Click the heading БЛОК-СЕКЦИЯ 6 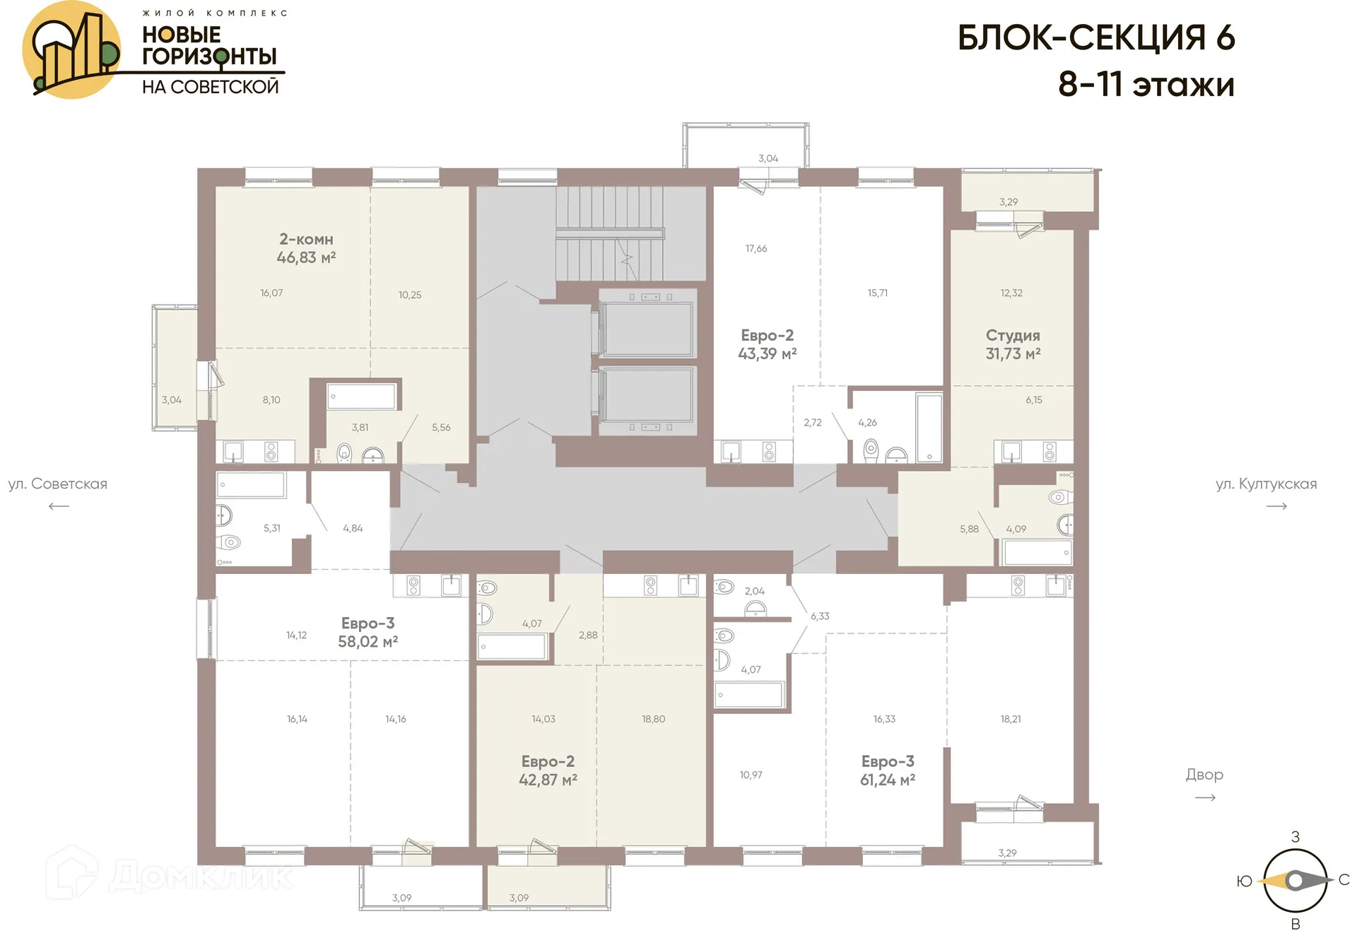click(1095, 38)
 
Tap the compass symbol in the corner click(1295, 881)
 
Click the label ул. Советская click(58, 484)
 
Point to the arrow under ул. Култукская click(1276, 506)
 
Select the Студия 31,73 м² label click(1012, 344)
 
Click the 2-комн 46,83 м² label click(305, 248)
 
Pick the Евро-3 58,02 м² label click(368, 632)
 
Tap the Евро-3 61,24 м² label click(887, 771)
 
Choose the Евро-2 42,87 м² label click(548, 771)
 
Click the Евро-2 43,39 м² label click(767, 344)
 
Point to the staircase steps click(609, 233)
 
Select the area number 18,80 click(653, 719)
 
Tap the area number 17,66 click(756, 249)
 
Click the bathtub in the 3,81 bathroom click(362, 397)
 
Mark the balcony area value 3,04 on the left click(172, 400)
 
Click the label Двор click(1204, 775)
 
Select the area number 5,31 click(271, 528)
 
